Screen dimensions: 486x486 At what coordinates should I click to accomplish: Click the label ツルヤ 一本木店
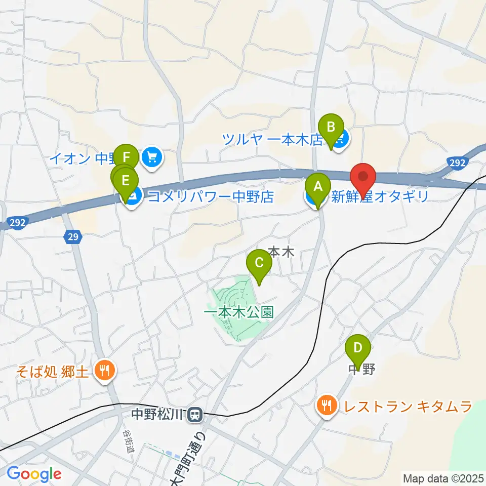[x=273, y=139]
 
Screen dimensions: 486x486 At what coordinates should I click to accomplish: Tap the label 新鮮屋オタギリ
[x=380, y=196]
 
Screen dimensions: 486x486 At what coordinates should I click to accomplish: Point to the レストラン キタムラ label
[x=408, y=406]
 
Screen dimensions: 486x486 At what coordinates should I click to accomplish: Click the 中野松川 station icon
[x=194, y=416]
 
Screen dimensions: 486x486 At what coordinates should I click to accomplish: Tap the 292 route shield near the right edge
[x=456, y=162]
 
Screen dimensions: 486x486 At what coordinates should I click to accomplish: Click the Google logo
[x=34, y=474]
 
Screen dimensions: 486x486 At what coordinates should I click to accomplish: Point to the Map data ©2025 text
[x=443, y=477]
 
